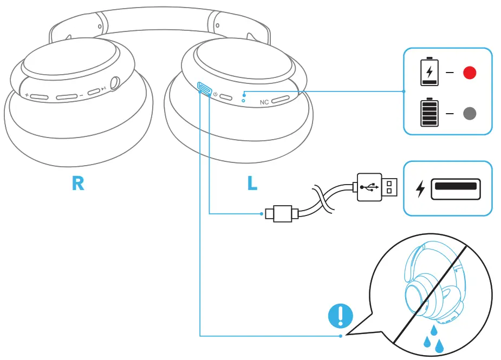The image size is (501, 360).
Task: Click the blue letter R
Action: (78, 184)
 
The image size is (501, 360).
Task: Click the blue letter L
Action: (252, 184)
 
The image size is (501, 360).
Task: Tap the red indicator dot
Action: (469, 73)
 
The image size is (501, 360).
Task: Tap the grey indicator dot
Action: (469, 114)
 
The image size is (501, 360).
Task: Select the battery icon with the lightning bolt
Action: (430, 72)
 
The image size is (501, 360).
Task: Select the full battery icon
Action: (430, 113)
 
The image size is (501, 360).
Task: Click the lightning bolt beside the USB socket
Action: (420, 189)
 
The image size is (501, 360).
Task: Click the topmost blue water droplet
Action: (434, 329)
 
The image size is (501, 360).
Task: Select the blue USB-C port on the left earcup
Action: (205, 88)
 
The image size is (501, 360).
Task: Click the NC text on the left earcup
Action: (264, 102)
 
